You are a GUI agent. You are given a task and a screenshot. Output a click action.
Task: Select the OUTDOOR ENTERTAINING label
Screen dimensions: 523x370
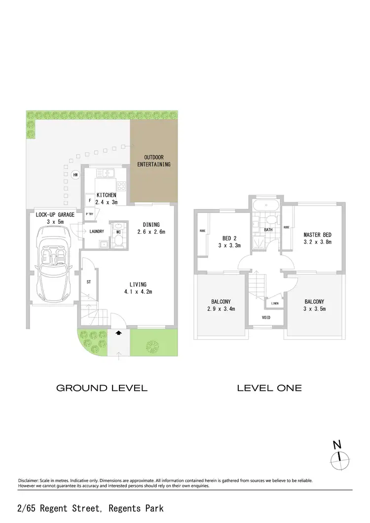click(153, 161)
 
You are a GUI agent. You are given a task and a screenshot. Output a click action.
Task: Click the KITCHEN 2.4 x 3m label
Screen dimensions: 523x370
click(107, 199)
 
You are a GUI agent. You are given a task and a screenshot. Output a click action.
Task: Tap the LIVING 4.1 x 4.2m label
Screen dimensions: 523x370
click(139, 288)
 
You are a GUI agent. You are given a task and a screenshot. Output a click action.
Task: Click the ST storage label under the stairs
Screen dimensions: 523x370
click(89, 282)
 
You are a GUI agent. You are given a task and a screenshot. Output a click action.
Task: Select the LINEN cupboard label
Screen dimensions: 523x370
click(275, 304)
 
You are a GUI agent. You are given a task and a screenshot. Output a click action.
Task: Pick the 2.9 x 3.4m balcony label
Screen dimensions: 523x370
click(221, 305)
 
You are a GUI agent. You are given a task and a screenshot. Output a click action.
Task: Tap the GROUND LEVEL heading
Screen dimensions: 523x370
click(102, 388)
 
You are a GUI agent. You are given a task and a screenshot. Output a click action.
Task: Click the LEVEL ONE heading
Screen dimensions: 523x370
click(269, 388)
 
